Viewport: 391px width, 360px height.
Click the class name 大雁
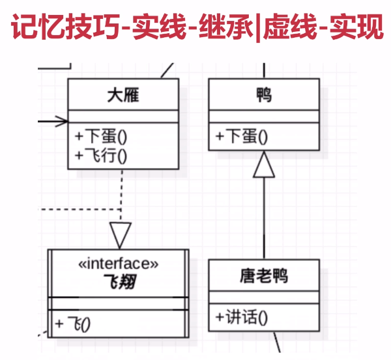click(x=123, y=96)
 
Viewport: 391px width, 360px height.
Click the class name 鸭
click(x=264, y=96)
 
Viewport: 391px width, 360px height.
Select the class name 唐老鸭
click(x=264, y=276)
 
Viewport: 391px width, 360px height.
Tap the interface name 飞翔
click(x=118, y=282)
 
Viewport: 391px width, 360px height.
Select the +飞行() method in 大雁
click(x=100, y=155)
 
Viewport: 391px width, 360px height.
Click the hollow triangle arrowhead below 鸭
click(x=264, y=165)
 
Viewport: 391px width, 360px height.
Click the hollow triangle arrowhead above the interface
click(x=121, y=235)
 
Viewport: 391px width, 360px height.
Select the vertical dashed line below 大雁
click(x=122, y=195)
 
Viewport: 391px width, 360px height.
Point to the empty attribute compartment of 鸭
click(x=264, y=116)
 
